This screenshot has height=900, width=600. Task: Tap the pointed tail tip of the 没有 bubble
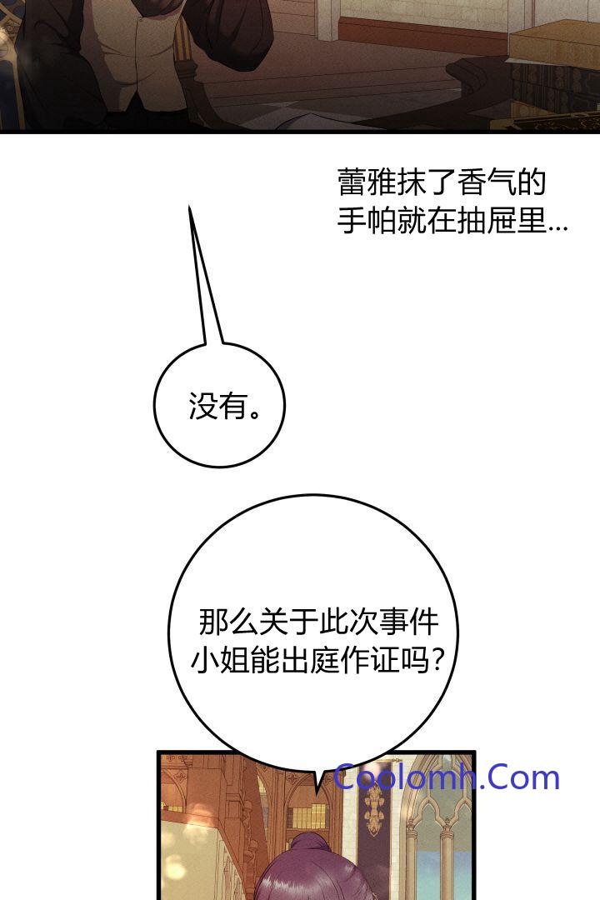(x=189, y=206)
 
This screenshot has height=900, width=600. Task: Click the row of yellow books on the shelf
(x=302, y=816)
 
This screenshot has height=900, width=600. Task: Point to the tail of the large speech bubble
(x=317, y=781)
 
